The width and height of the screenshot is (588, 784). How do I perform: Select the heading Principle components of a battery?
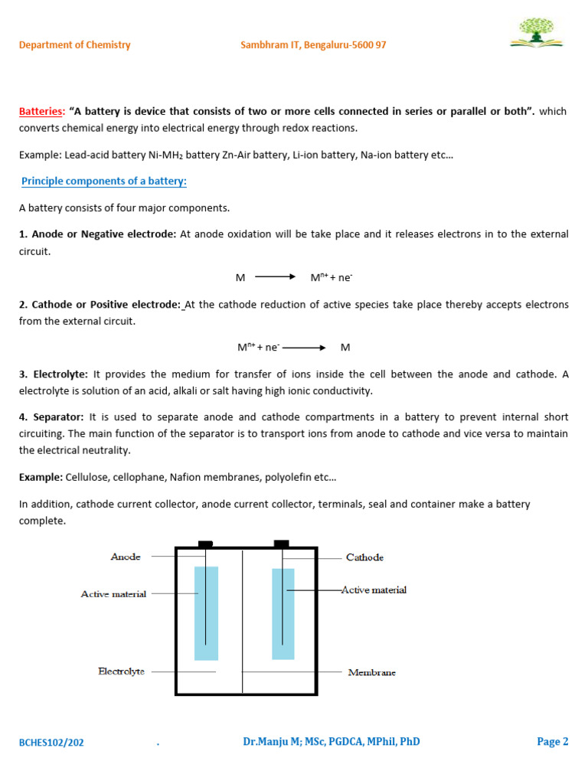click(x=104, y=181)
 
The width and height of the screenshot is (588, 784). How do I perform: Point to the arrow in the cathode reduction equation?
click(x=305, y=348)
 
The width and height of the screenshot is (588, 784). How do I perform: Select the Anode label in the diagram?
click(x=126, y=557)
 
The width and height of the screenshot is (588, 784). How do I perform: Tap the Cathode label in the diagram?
click(x=364, y=557)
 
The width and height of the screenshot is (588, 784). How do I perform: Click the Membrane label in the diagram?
click(x=371, y=672)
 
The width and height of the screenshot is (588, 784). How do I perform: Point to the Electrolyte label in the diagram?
click(x=121, y=671)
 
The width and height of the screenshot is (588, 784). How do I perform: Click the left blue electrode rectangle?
click(x=206, y=612)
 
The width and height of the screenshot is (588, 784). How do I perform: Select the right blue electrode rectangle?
click(x=283, y=613)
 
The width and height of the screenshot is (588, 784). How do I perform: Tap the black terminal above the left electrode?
click(x=205, y=544)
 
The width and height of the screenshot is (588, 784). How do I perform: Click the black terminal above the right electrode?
click(x=282, y=544)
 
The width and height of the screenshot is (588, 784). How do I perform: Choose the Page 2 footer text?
click(x=553, y=741)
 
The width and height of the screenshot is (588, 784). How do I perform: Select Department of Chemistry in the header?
click(x=75, y=45)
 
